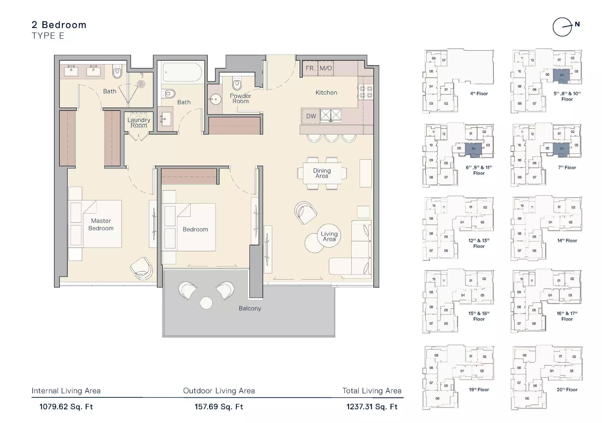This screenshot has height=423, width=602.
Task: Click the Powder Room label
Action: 240,98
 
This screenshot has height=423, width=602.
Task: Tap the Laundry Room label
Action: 139,122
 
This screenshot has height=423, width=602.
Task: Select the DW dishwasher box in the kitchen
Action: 311,116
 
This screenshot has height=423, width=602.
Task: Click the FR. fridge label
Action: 310,68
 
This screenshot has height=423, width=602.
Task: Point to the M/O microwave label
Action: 326,68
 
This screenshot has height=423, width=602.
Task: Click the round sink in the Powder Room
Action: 215,99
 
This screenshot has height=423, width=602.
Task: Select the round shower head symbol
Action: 141,84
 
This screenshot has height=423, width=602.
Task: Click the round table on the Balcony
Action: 206,303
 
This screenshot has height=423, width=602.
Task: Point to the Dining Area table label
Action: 322,173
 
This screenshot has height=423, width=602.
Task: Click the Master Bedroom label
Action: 101,224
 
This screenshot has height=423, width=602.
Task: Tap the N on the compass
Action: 577,24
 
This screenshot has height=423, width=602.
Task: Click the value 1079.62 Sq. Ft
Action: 66,407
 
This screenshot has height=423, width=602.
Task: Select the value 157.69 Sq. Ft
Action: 219,407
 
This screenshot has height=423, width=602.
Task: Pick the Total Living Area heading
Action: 372,391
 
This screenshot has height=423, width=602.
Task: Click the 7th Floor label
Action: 567,167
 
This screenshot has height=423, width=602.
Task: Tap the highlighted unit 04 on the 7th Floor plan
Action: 561,148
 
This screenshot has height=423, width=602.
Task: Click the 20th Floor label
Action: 567,389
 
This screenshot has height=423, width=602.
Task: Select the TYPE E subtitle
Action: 48,36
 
